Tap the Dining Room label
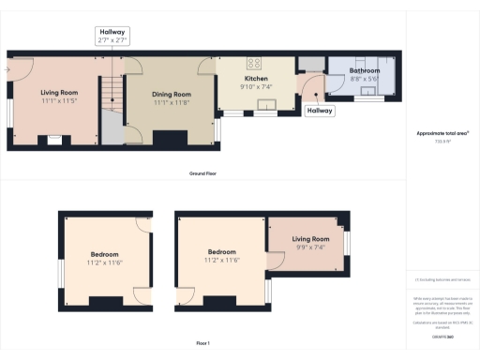172,94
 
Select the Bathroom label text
364,71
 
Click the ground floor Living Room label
60,93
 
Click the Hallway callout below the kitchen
319,111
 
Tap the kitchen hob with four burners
253,64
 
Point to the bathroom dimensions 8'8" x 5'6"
364,80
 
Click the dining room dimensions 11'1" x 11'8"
172,102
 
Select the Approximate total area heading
442,133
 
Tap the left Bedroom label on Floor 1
105,254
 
